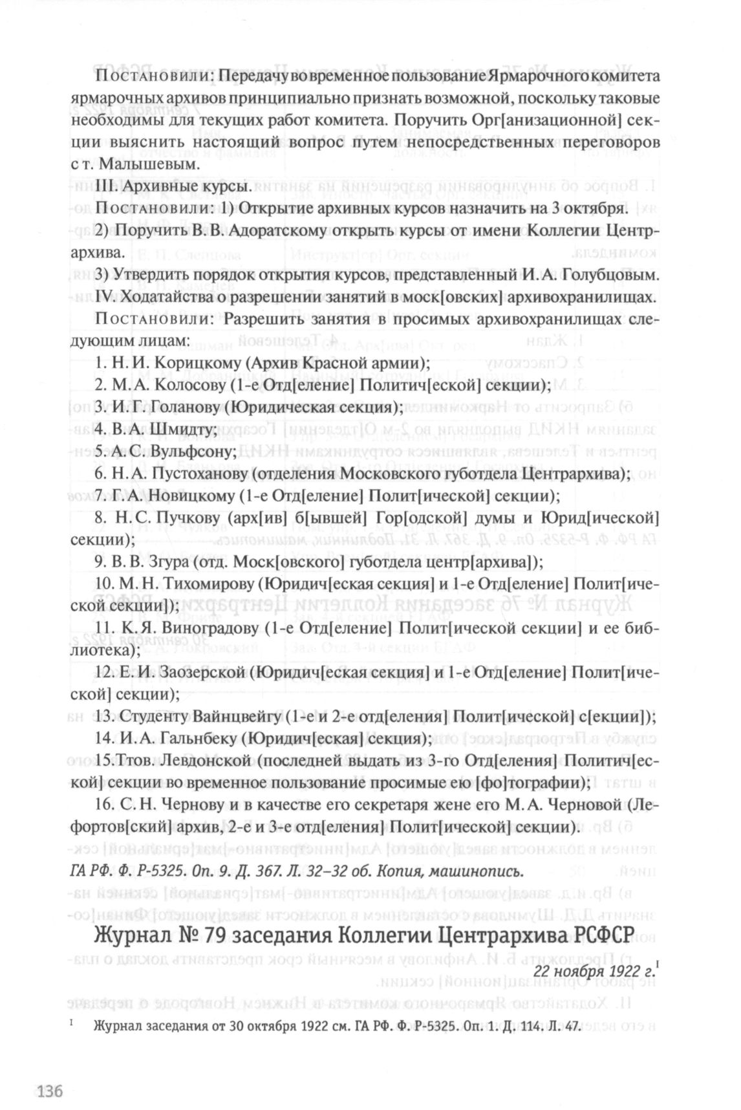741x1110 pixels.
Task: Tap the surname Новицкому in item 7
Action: coord(192,496)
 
